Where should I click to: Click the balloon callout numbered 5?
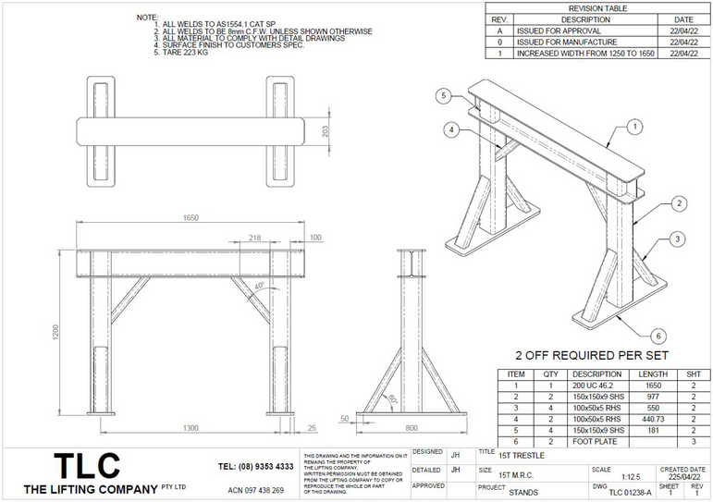tap(444, 96)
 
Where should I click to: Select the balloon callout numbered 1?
tap(635, 126)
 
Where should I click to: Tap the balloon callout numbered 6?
tap(658, 335)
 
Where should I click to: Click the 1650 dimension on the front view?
tap(191, 218)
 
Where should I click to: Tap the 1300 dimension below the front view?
tap(190, 427)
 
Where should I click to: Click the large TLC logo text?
tap(87, 464)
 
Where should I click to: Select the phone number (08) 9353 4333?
tap(256, 467)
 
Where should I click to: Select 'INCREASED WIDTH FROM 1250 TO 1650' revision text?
tap(580, 54)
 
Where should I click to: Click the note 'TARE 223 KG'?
tap(185, 54)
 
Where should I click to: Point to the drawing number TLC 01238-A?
tap(630, 493)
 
